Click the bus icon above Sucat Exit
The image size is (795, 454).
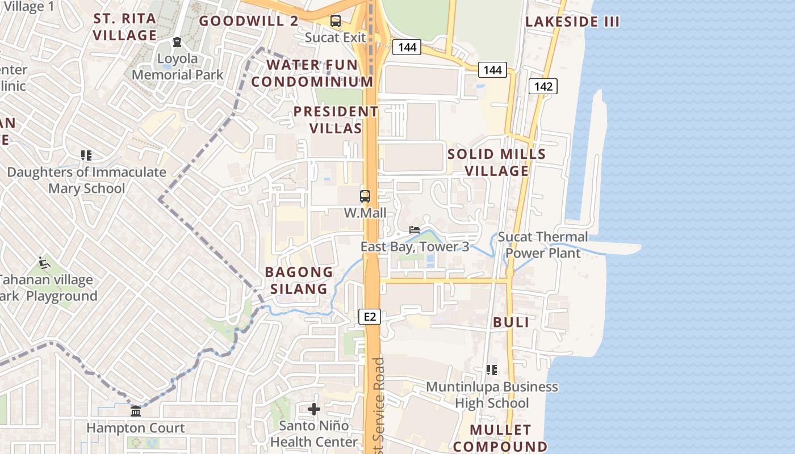[x=336, y=22]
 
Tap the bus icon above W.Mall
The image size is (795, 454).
[x=365, y=197]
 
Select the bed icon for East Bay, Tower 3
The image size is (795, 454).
[x=415, y=230]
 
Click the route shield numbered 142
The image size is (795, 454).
[x=543, y=86]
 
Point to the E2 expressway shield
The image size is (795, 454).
[x=370, y=317]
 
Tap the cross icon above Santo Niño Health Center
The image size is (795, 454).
[x=314, y=409]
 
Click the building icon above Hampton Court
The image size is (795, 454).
[x=136, y=411]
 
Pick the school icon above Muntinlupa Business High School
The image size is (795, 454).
[x=492, y=370]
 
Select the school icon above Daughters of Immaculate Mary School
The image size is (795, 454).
[x=86, y=155]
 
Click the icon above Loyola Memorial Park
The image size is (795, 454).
[x=177, y=42]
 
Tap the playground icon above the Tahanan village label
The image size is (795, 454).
[x=44, y=263]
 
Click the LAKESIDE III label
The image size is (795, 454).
[x=572, y=22]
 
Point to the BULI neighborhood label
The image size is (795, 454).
[x=511, y=322]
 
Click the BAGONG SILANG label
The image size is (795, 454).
[x=299, y=280]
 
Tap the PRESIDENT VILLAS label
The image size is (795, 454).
[x=336, y=120]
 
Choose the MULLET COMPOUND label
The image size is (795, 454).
[x=500, y=438]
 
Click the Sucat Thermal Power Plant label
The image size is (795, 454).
[x=543, y=245]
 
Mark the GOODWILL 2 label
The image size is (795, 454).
[x=249, y=21]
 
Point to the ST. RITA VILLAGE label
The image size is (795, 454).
[x=124, y=27]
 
